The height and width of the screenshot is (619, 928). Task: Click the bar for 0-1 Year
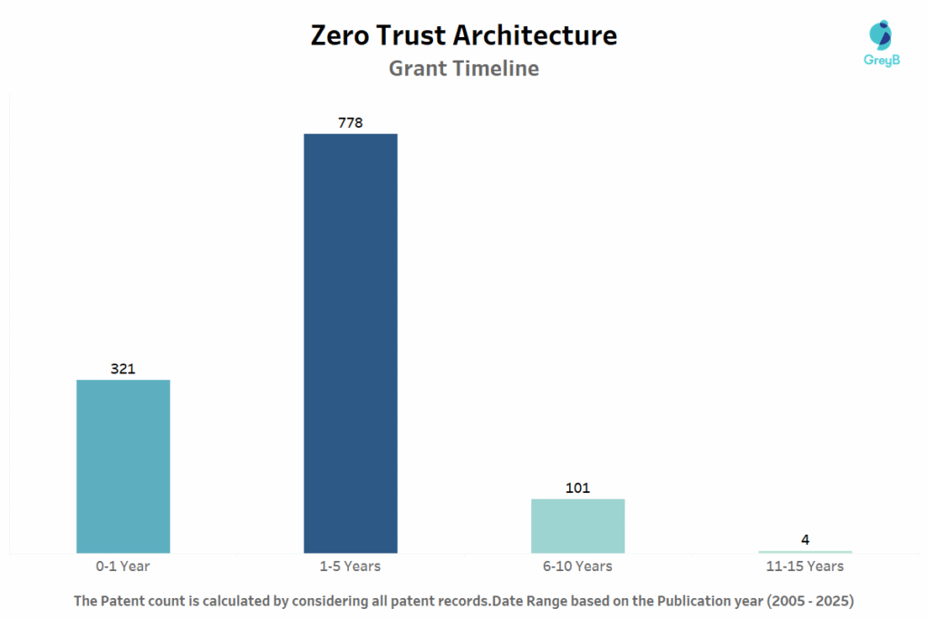coord(123,466)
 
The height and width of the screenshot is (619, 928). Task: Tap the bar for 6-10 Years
coord(578,526)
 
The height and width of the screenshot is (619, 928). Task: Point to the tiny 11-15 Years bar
coord(806,551)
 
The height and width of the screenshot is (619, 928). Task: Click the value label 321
coord(123,368)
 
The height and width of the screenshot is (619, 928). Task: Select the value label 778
coord(351,122)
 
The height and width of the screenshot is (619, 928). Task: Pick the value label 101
coord(578,488)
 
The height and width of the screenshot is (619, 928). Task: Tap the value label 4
coord(806,540)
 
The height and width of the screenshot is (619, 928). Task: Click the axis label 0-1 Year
coord(123,566)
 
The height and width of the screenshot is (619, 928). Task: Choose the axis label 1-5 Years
coord(351,566)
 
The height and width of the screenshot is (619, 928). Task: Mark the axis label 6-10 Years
coord(578,566)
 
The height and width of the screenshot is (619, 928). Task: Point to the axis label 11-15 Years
coord(806,566)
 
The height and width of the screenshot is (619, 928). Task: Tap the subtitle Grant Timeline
coord(464,68)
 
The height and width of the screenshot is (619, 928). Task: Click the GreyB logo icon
coord(880,35)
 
